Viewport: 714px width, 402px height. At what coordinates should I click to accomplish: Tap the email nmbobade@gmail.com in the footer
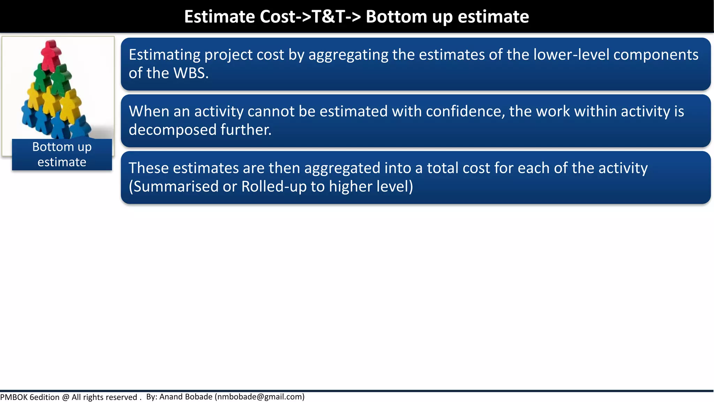(260, 397)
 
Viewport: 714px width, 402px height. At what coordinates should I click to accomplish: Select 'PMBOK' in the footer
(14, 397)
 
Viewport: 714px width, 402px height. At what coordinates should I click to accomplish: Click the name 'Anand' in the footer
(171, 397)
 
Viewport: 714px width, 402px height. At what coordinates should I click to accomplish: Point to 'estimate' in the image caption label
(62, 162)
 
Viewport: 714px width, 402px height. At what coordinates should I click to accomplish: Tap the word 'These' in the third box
(149, 168)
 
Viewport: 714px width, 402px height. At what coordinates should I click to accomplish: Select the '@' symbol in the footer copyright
(66, 397)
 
